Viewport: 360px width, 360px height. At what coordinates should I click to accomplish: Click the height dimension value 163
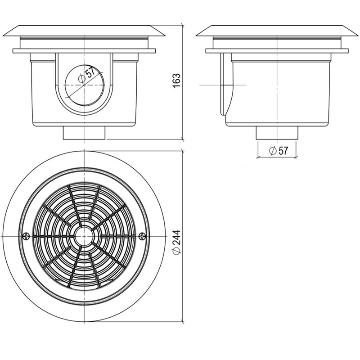coord(176,81)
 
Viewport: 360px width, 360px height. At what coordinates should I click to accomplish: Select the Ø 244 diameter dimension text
coord(176,242)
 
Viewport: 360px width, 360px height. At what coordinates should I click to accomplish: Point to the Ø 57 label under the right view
coord(278,151)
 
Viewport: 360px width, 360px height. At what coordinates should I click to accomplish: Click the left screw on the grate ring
coord(27,236)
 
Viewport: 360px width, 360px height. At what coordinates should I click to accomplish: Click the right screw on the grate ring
coord(143,236)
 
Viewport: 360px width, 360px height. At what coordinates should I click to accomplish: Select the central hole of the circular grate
coord(84,236)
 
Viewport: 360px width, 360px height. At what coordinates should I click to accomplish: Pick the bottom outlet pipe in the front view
coord(84,133)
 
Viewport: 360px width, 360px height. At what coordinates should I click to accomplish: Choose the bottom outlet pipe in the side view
coord(277,133)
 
